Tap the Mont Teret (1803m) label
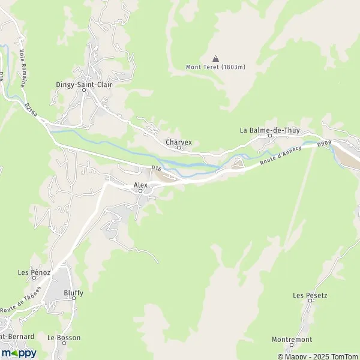coord(215,66)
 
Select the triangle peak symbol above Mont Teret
coord(215,58)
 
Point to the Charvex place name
coord(179,142)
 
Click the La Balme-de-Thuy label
coord(269,129)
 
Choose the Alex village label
coord(140,185)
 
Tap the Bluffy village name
coord(73,293)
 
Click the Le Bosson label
coord(64,338)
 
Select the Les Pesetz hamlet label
coord(310,295)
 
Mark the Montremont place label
coord(292,339)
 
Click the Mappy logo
coord(19,353)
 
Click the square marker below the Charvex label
coord(178,148)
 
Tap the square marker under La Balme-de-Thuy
coord(269,136)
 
